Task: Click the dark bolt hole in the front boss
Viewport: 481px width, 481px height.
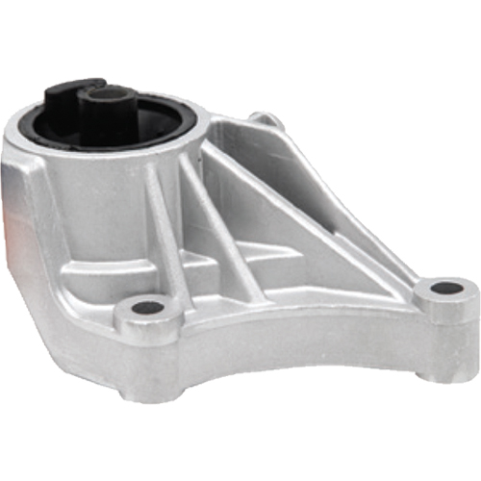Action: pyautogui.click(x=147, y=308)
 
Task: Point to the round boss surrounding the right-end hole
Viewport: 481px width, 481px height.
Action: pyautogui.click(x=445, y=299)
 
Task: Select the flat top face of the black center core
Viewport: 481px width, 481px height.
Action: pyautogui.click(x=109, y=94)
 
